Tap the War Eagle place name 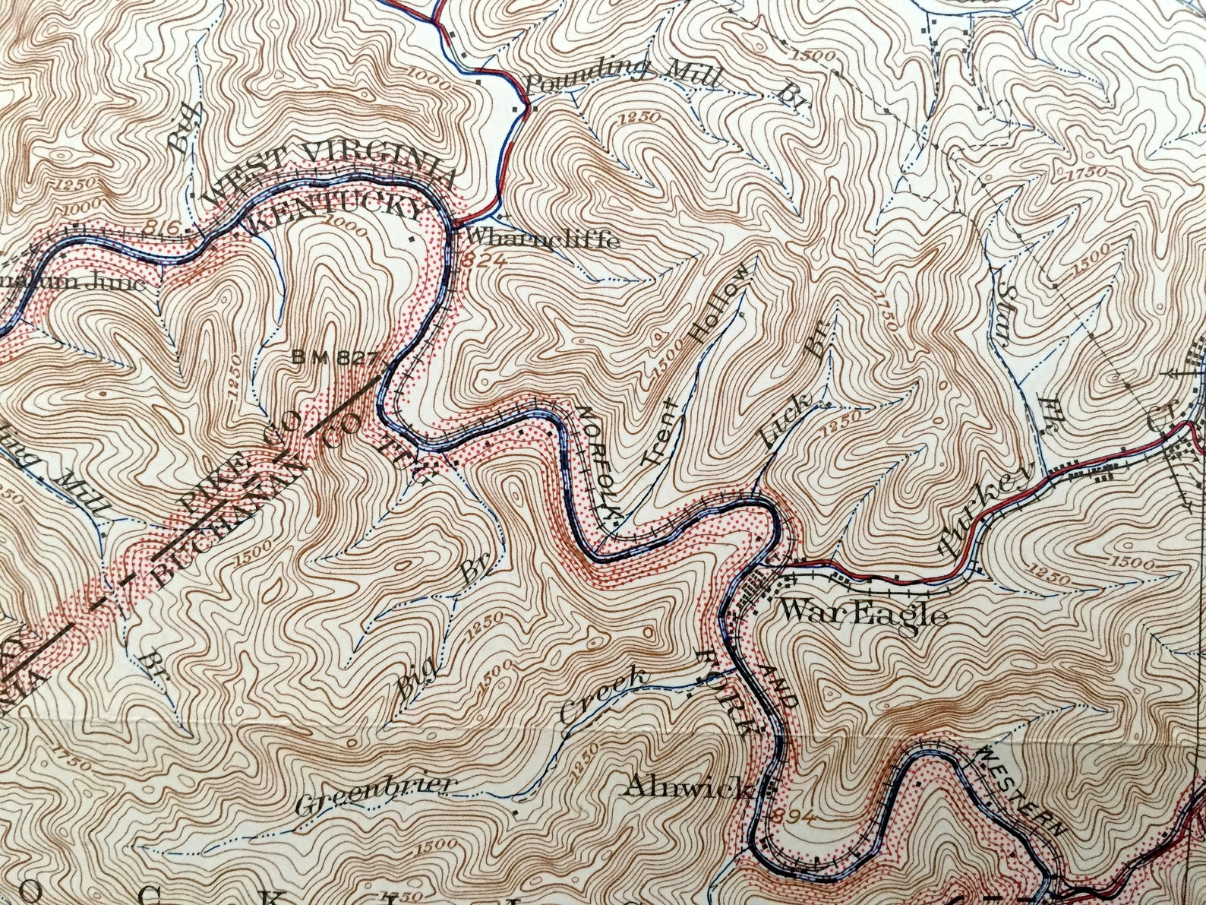[x=864, y=612]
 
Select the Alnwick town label [x=688, y=787]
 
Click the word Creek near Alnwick [x=605, y=695]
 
